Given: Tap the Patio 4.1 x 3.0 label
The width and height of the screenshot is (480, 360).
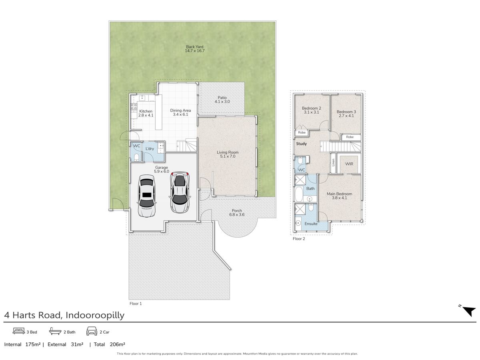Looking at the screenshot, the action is (x=222, y=100).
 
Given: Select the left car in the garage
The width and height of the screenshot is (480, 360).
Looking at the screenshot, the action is (x=146, y=196).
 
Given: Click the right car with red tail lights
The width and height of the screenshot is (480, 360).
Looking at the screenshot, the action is (x=180, y=192).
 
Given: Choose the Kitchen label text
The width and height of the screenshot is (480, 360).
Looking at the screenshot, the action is (x=146, y=111).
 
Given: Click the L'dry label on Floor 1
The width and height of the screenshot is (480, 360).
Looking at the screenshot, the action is (x=150, y=149).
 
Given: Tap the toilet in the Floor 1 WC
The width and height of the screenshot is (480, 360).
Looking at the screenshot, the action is (x=136, y=157).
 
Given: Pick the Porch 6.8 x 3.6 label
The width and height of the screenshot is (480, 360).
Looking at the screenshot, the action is (x=237, y=212).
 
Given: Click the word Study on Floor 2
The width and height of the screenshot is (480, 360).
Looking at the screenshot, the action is (x=301, y=144).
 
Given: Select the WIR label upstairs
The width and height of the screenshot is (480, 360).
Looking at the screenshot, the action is (x=349, y=164).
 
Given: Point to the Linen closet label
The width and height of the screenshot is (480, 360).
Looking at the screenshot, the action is (x=333, y=162).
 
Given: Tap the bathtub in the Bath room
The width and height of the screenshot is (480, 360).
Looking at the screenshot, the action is (x=299, y=194).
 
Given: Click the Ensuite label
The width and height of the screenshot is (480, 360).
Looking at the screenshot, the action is (x=311, y=224).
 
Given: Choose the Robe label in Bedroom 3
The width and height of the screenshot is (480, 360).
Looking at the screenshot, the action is (x=350, y=137).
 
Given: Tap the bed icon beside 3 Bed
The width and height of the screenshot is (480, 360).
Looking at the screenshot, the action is (x=19, y=331).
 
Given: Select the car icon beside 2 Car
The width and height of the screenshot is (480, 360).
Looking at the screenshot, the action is (x=92, y=331).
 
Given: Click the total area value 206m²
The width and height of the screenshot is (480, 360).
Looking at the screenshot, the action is (x=117, y=344).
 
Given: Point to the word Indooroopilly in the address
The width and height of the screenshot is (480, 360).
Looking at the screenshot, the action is (x=95, y=315).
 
